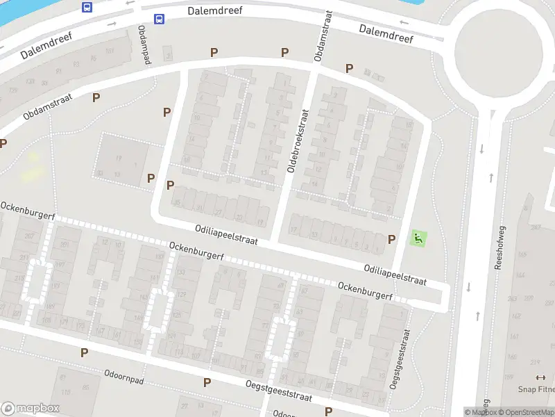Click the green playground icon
[x=418, y=238]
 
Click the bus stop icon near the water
[x=87, y=7]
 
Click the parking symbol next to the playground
[x=392, y=239]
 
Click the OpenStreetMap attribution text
[x=525, y=412]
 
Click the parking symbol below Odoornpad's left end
[x=85, y=353]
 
